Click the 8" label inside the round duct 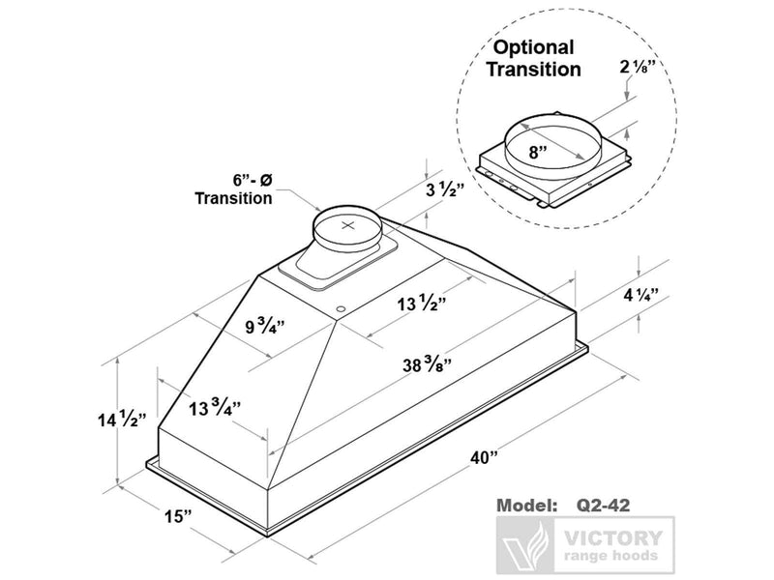point(536,152)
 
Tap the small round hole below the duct point(341,308)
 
